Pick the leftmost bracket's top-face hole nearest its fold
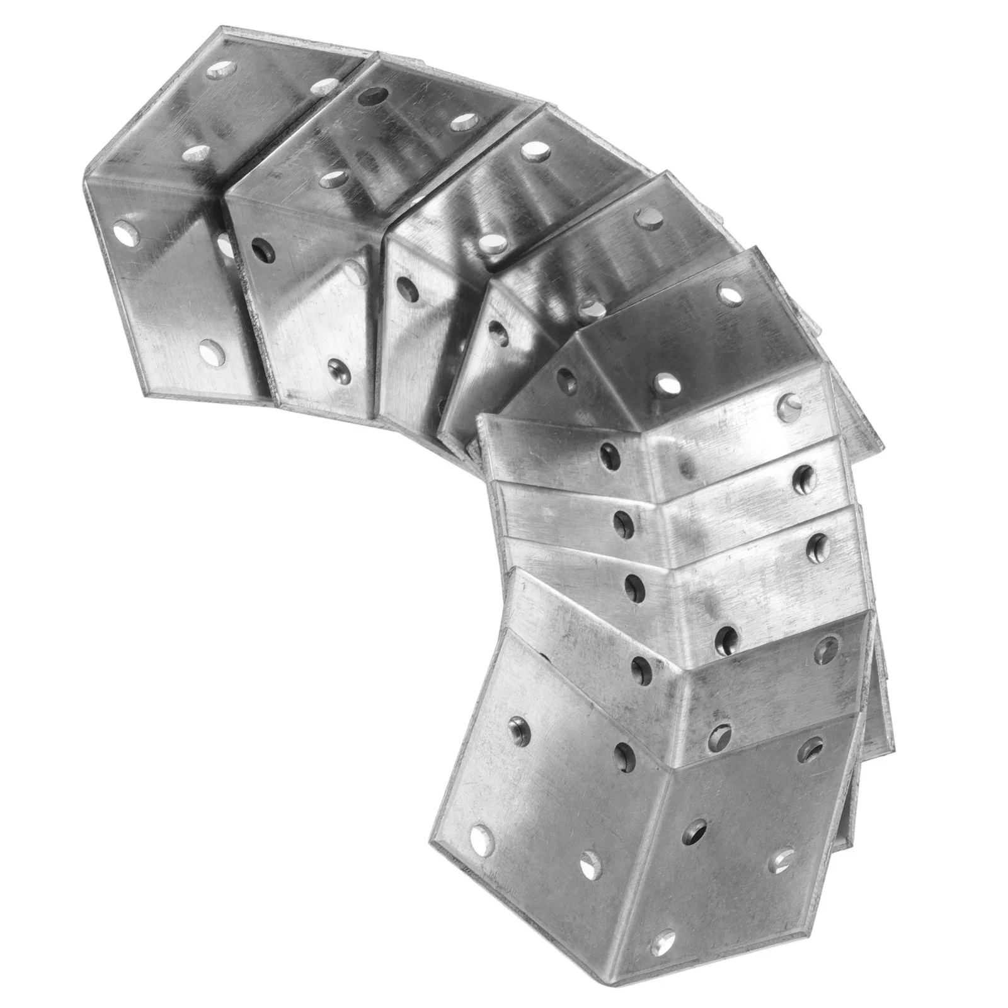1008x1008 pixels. click(x=192, y=153)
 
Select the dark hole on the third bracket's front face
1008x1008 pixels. click(x=408, y=287)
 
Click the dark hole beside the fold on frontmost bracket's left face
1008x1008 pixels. click(x=624, y=750)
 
